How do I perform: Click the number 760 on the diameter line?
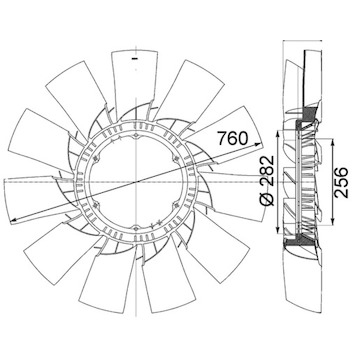click(x=233, y=138)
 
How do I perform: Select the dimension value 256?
click(x=341, y=183)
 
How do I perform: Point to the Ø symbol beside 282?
click(x=267, y=199)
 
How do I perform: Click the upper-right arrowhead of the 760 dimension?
click(x=258, y=143)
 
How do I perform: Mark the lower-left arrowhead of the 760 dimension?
click(x=14, y=220)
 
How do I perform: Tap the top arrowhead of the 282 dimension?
click(x=277, y=134)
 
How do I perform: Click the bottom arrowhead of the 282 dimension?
click(x=277, y=231)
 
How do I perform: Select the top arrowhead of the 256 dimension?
click(x=332, y=142)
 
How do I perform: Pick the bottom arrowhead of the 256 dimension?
click(x=332, y=221)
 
